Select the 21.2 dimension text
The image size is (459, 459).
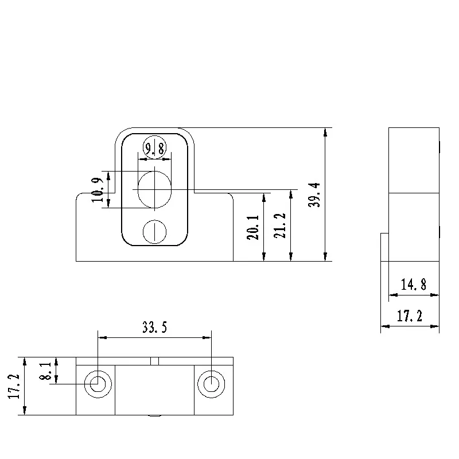coord(282,227)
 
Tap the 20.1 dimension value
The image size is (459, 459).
coord(254,227)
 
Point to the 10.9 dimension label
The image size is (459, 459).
coord(98,190)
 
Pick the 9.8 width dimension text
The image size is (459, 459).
coord(155,150)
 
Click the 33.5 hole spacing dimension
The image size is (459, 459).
coord(154,328)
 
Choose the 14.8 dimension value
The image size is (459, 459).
coord(413,285)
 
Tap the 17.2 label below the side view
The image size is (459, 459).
coord(410,316)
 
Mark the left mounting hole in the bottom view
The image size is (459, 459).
coord(98,383)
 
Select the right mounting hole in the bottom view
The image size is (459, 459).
coord(212,383)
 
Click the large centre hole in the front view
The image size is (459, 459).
coord(155,189)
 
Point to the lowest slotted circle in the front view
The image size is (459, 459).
coord(154,232)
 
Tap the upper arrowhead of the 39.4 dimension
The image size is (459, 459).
coord(325,133)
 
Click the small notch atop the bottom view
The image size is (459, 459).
coord(154,361)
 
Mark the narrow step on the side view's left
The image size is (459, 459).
coord(384,247)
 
